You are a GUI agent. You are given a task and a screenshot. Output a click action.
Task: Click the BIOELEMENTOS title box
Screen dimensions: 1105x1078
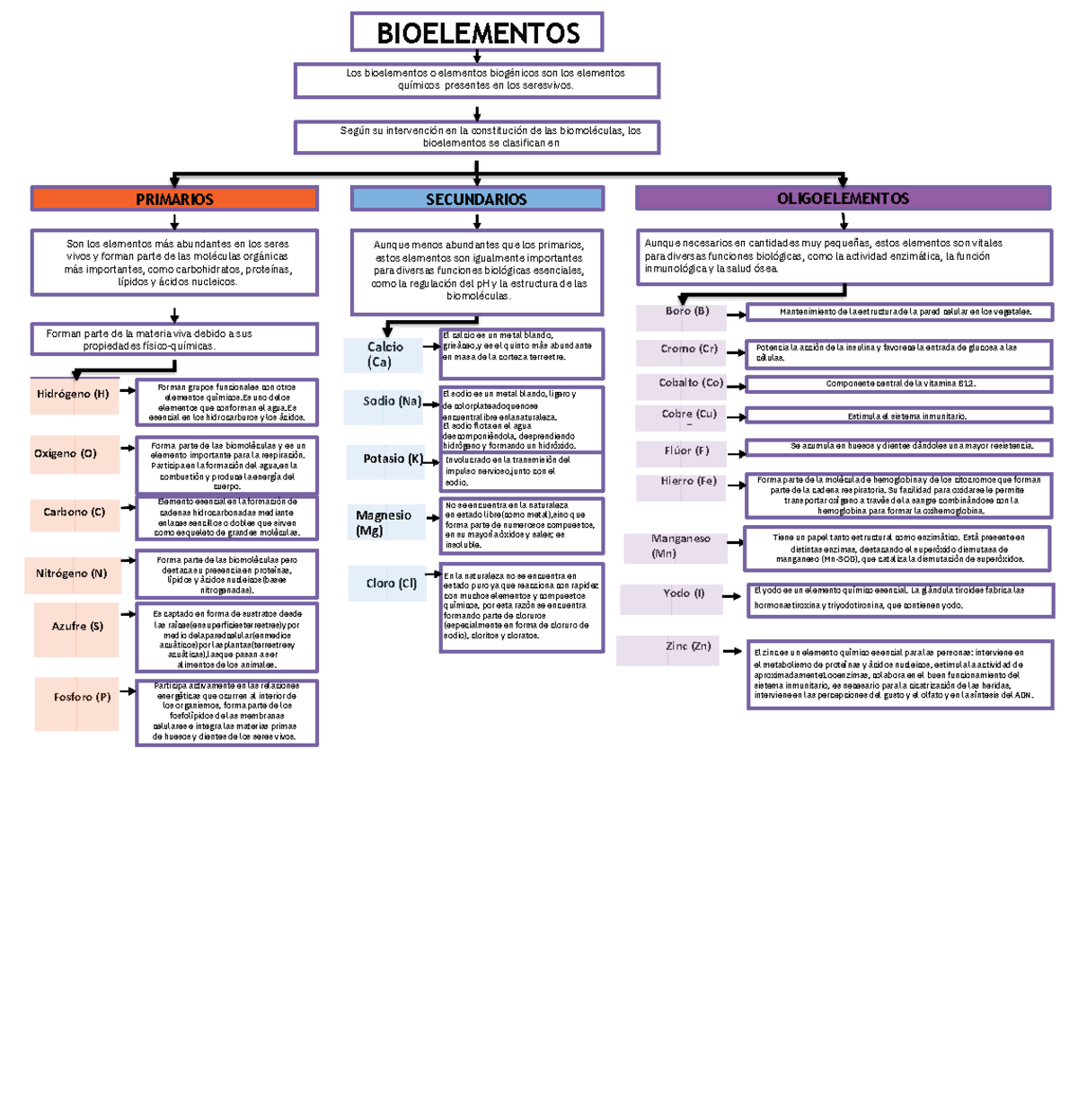[477, 32]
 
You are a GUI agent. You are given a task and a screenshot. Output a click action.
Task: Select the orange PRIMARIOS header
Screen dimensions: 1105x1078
[174, 199]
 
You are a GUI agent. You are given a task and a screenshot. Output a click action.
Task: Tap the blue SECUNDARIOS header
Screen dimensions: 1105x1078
[476, 199]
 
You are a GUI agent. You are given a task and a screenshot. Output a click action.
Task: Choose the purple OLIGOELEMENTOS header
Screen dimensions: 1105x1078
[843, 198]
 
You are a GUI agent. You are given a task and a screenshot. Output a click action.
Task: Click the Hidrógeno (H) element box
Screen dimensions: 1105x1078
[74, 395]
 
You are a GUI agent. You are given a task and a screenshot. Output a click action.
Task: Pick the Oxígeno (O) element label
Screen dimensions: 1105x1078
[66, 454]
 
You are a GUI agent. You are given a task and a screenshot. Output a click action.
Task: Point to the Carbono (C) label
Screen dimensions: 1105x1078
[75, 512]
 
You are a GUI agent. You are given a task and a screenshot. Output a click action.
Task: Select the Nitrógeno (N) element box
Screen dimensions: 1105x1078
[72, 574]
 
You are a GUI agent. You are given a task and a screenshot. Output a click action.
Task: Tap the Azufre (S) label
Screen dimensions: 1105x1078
[77, 627]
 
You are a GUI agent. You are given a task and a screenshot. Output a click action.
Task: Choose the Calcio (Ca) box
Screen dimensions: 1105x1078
[384, 354]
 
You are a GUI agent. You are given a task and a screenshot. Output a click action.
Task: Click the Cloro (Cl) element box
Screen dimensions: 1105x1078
[390, 584]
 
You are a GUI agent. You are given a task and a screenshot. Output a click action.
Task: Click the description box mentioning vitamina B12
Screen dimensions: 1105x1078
[899, 384]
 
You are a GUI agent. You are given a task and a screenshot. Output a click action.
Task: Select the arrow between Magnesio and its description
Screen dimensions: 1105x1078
[432, 519]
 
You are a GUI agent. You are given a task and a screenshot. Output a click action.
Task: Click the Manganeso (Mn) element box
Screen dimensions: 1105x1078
[680, 547]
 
